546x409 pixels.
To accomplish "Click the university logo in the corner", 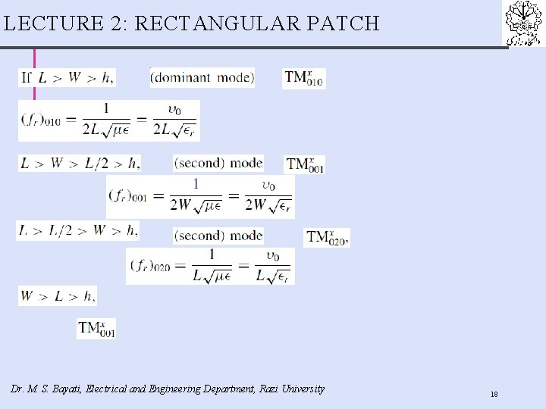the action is coord(525,23).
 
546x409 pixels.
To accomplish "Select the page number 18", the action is coord(494,395).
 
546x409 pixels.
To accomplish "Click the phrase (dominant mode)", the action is coord(202,77).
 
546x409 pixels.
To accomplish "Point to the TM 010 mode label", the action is coord(303,78).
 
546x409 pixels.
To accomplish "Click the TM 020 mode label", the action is coord(327,238).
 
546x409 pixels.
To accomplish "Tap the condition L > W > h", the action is coord(67,77).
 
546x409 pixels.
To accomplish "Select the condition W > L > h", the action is coord(58,295).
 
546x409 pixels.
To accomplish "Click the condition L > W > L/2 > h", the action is coord(80,163).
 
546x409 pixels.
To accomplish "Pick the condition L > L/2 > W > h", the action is coord(78,231).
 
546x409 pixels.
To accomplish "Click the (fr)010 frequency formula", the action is coord(108,120).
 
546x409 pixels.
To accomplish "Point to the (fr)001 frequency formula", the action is coord(200,196).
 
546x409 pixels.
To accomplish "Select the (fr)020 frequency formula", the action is coord(210,266).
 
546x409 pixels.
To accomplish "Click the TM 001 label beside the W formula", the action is coord(306,164).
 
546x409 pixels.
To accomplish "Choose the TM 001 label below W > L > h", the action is coord(96,329).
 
